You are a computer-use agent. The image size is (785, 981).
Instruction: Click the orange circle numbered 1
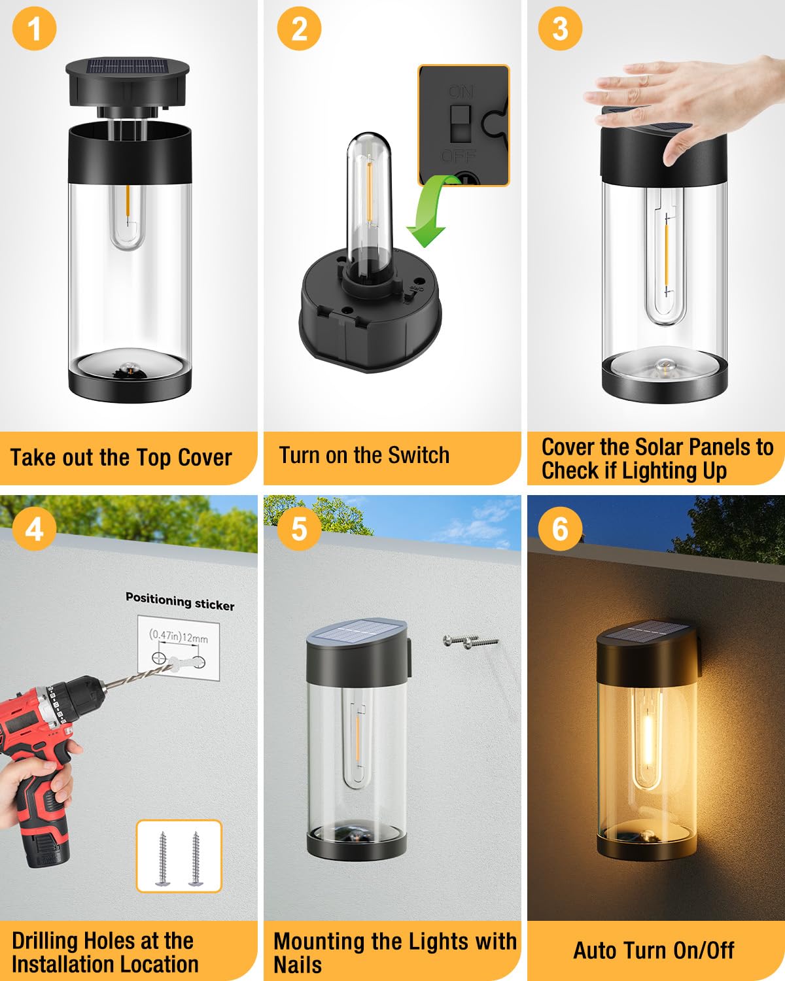tap(34, 28)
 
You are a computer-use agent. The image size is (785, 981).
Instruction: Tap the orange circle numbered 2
tap(299, 28)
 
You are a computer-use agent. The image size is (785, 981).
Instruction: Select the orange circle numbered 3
tap(560, 28)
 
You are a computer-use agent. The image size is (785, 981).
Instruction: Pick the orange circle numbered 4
tap(34, 529)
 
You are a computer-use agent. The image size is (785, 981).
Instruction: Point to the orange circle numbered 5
tap(299, 529)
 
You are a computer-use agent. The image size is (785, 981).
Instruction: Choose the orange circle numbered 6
tap(560, 529)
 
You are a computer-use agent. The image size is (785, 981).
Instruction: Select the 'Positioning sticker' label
tap(180, 601)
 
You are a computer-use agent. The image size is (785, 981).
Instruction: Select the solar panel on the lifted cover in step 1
tap(128, 67)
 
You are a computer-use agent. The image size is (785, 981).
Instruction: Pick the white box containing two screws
tap(179, 855)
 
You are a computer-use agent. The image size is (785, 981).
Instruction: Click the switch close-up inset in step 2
tap(463, 126)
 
